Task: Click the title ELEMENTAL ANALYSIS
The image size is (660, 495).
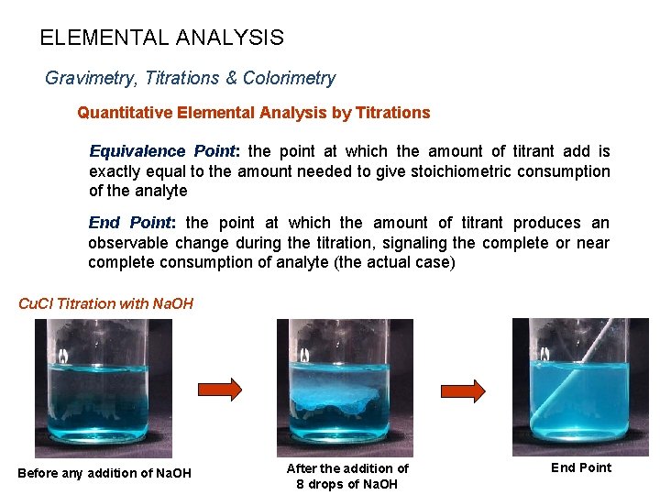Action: [161, 38]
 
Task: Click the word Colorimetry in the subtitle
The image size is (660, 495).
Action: [289, 79]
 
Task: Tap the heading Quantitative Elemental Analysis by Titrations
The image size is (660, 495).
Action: [253, 113]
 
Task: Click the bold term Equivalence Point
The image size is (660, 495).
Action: [164, 151]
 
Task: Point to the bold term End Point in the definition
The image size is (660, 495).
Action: [130, 223]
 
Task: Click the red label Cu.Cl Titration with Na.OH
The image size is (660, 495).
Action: [106, 303]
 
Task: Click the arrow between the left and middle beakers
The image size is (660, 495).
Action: [220, 389]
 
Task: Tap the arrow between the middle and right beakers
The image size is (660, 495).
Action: [464, 390]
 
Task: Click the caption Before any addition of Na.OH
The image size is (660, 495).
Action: [104, 473]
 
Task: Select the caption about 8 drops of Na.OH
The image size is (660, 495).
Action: [347, 476]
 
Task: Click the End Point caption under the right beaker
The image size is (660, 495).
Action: [580, 467]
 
